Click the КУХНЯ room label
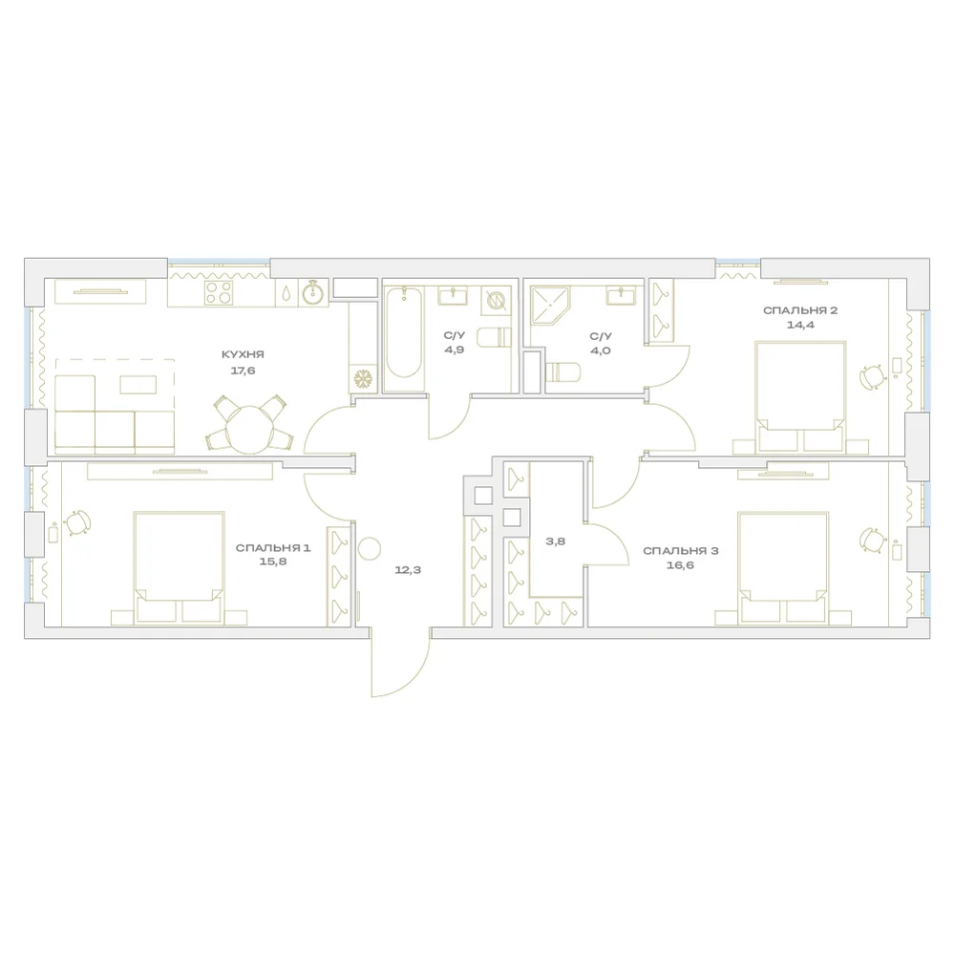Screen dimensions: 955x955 coord(243,354)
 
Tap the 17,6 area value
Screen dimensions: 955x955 coord(243,371)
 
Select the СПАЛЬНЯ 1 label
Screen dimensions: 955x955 coord(273,548)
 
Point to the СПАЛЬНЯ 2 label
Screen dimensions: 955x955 coord(800,310)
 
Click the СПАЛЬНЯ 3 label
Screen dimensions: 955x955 coord(680,551)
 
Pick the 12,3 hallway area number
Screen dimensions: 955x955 coord(408,571)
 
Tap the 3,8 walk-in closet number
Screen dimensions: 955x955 coord(556,541)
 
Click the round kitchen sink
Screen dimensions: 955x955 coord(313,293)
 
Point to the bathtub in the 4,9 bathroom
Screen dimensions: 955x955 coord(403,340)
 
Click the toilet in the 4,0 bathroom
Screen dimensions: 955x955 coord(561,372)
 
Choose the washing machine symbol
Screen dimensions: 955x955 coord(496,300)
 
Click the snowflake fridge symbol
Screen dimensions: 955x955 coord(364,379)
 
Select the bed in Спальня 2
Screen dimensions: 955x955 coord(800,397)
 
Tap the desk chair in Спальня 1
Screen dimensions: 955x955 coord(77,522)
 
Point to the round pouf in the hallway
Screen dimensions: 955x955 coord(369,549)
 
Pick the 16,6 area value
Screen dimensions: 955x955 coord(680,565)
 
